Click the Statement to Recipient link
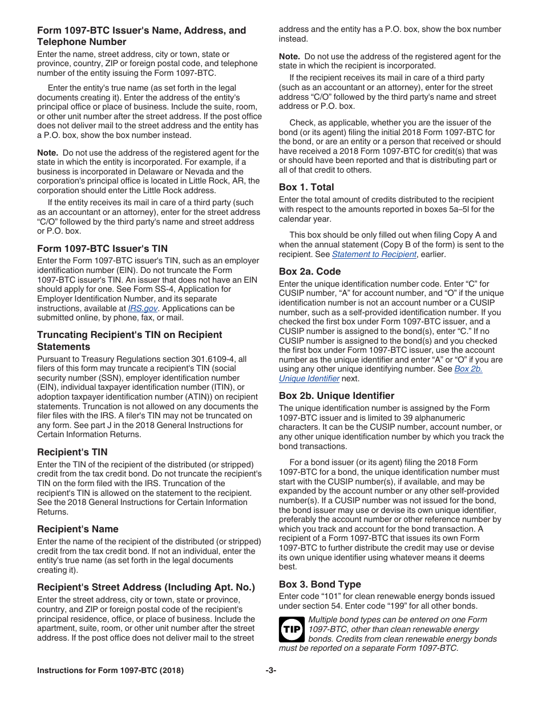click(x=374, y=254)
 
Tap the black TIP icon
click(x=291, y=630)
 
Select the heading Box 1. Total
click(x=306, y=187)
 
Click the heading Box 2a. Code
click(x=310, y=271)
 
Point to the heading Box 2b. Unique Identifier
click(x=337, y=396)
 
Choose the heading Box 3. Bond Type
click(x=319, y=584)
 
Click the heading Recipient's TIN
click(x=72, y=452)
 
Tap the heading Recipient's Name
click(x=78, y=529)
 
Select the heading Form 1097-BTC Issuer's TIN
click(x=102, y=248)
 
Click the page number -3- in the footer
click(x=271, y=671)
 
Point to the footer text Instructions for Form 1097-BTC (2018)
click(x=110, y=671)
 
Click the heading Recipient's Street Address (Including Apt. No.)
click(x=146, y=587)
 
